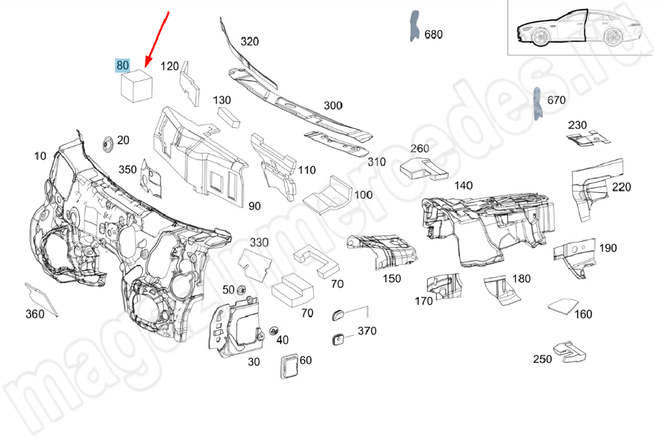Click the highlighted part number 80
[x=122, y=65]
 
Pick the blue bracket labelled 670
[x=537, y=104]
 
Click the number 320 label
[x=249, y=41]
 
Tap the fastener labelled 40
[x=274, y=330]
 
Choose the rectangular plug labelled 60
[x=288, y=365]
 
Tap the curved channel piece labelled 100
[x=330, y=194]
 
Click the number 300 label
[x=333, y=105]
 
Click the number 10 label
[x=40, y=156]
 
